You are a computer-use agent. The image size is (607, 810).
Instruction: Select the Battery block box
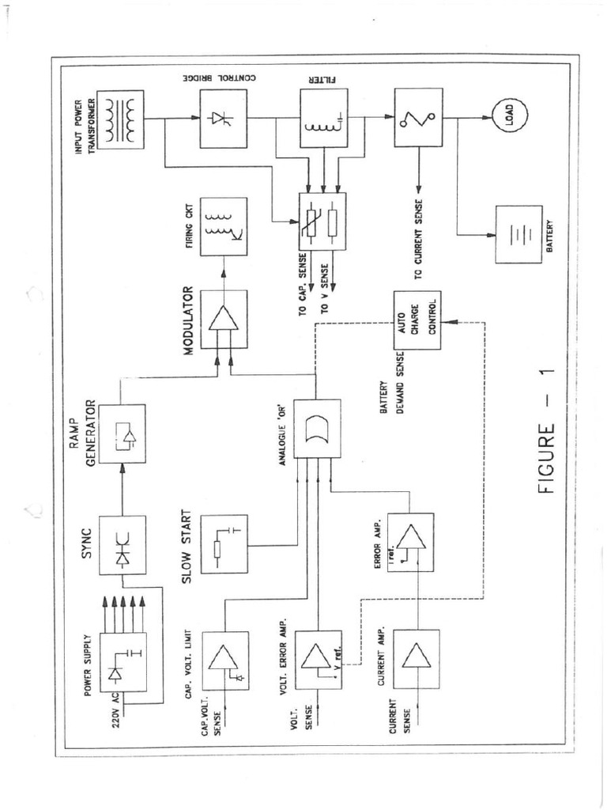pyautogui.click(x=518, y=234)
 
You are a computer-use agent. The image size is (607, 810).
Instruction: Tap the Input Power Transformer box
pyautogui.click(x=121, y=119)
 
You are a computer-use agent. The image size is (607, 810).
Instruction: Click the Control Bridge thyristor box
pyautogui.click(x=223, y=119)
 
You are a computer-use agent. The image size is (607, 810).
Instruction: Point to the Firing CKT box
pyautogui.click(x=223, y=226)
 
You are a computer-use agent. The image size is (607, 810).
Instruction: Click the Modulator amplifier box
pyautogui.click(x=224, y=320)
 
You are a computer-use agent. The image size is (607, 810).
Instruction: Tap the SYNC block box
pyautogui.click(x=122, y=545)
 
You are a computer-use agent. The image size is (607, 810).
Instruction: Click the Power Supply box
pyautogui.click(x=122, y=662)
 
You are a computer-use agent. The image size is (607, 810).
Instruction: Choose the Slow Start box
pyautogui.click(x=224, y=544)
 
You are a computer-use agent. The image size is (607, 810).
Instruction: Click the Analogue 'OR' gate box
pyautogui.click(x=317, y=429)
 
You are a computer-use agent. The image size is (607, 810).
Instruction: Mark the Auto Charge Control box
pyautogui.click(x=417, y=320)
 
